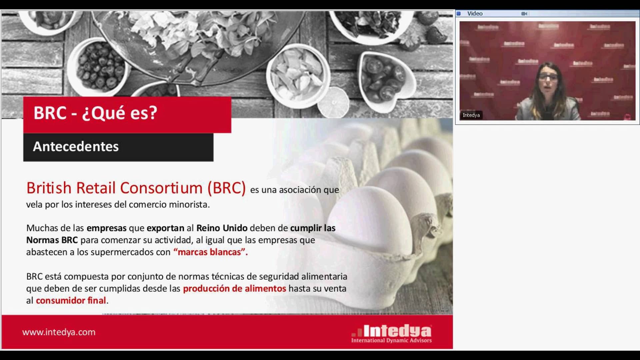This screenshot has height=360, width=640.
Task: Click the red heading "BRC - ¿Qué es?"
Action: point(95,113)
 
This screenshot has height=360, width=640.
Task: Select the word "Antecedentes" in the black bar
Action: point(76,147)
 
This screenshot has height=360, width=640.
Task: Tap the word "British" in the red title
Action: point(49,188)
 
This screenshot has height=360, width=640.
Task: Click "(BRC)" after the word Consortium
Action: point(226,188)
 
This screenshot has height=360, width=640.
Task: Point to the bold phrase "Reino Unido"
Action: point(222,228)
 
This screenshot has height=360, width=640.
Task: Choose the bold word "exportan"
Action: point(165,228)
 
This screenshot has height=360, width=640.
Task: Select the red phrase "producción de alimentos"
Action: point(234,289)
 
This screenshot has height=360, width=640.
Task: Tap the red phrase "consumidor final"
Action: point(71,301)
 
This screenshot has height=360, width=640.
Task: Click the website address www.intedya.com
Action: point(59,332)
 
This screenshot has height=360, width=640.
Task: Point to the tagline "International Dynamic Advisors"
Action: point(391,341)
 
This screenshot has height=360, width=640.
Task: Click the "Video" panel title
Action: point(475,14)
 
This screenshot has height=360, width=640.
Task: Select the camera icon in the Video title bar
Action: point(524,14)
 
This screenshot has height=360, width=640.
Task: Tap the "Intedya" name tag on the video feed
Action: point(471,115)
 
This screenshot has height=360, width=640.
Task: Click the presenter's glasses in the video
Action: point(548,77)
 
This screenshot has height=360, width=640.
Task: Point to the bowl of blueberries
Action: point(100,67)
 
